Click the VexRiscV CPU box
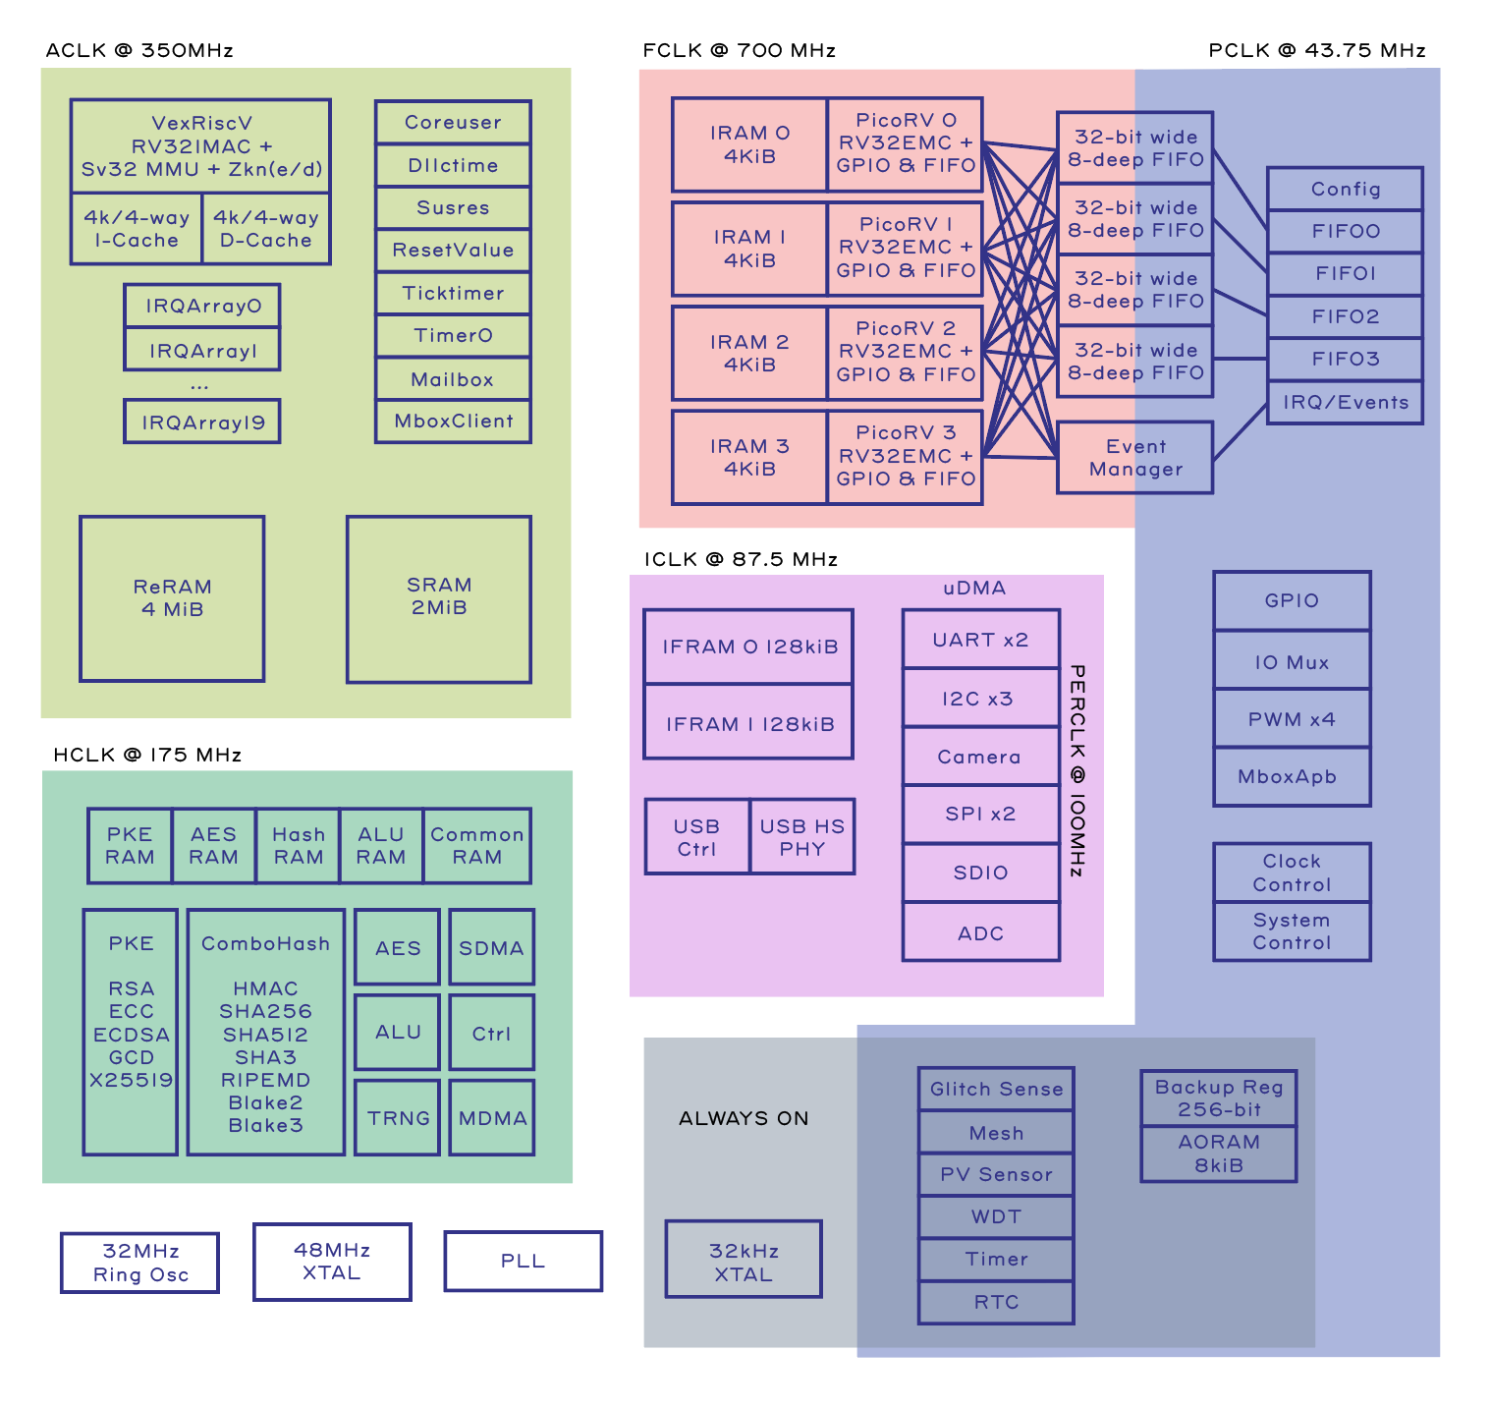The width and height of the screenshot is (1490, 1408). coord(200,145)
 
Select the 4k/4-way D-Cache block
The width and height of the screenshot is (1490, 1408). coord(265,229)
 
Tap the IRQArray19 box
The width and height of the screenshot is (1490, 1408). coord(202,422)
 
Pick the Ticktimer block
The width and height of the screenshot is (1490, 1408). coord(453,293)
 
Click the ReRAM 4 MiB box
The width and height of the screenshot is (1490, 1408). coord(172,598)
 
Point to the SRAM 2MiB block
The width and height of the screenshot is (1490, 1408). coord(439,597)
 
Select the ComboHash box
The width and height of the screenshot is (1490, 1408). coord(265,1032)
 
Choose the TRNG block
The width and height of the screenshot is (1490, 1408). coord(398,1117)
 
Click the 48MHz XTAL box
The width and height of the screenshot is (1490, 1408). coord(332,1262)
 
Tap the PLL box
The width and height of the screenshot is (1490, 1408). coord(523,1261)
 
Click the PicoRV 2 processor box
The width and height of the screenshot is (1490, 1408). coord(905,352)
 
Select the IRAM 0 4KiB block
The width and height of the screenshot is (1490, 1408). coord(749,144)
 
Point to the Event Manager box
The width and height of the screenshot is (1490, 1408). coord(1135,458)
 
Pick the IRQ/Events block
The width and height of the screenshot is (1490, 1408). coord(1345,402)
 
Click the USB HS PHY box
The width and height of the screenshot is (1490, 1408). coord(801,837)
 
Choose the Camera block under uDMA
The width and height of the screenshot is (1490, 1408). coord(980,757)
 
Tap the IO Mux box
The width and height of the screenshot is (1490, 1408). coord(1292,661)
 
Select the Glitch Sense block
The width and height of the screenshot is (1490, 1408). coord(996,1089)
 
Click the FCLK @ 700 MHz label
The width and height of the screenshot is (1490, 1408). coord(739,50)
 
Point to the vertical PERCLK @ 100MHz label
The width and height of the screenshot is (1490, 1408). coord(1076,771)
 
